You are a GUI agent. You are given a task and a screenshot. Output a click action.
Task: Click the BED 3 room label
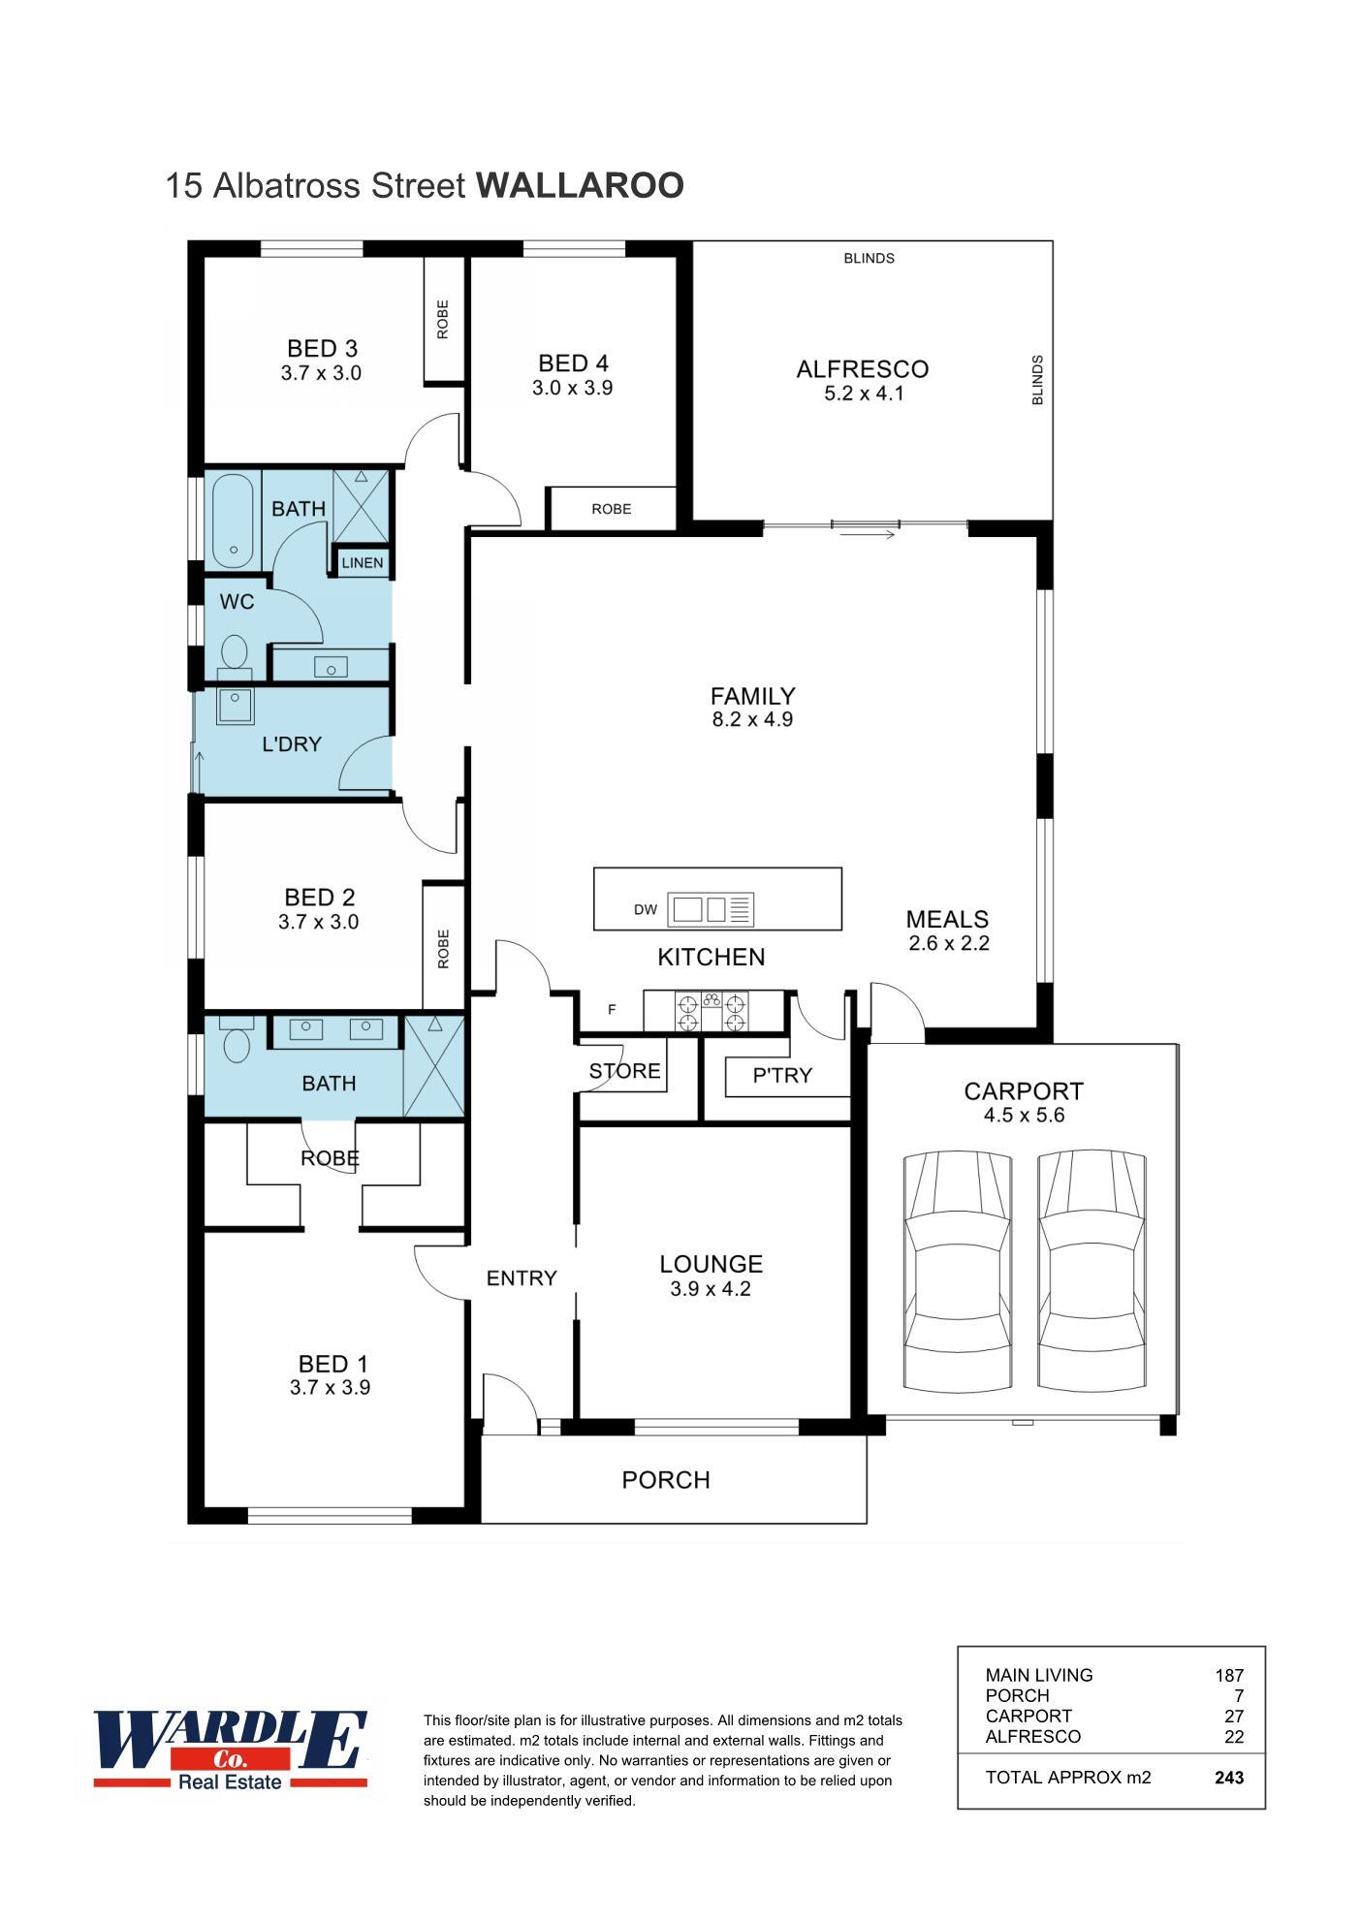tap(322, 348)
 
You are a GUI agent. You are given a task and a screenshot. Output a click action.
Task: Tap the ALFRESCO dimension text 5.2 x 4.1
tap(863, 394)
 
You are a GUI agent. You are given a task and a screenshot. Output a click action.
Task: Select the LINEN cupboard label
tap(363, 563)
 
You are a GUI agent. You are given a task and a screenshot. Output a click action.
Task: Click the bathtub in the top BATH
tap(233, 520)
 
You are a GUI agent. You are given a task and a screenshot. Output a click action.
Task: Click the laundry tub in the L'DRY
tap(235, 706)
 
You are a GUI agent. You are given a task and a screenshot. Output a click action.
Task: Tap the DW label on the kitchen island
tap(646, 909)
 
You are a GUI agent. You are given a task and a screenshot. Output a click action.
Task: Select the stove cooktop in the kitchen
tap(712, 1012)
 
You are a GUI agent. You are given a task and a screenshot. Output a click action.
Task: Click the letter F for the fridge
tap(612, 1010)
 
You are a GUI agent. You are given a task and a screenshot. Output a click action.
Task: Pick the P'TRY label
tap(782, 1075)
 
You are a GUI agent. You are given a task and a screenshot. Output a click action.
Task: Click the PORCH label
tap(666, 1480)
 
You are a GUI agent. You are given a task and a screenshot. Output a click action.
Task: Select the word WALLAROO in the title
tap(580, 185)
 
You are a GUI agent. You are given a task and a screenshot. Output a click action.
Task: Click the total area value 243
tap(1228, 1778)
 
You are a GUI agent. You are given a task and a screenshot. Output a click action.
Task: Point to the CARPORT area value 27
tap(1233, 1716)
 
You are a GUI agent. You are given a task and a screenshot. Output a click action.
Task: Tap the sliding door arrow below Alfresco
tap(868, 534)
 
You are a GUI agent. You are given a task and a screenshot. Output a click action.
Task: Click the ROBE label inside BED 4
tap(611, 509)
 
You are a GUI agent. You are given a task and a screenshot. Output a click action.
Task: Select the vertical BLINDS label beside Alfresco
tap(1037, 380)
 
